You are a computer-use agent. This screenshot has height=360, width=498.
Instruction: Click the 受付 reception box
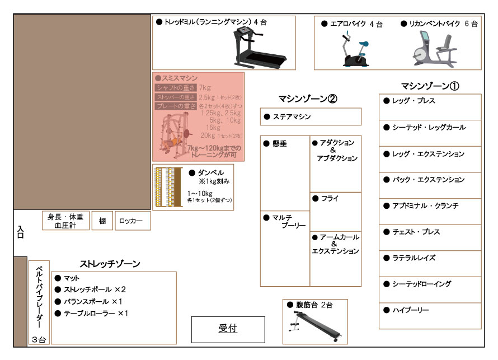tap(228, 329)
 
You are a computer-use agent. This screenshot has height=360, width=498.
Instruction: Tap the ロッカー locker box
tap(133, 221)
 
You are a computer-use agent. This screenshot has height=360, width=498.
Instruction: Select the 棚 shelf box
tap(102, 221)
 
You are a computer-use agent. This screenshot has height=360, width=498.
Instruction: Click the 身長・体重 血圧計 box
tap(66, 221)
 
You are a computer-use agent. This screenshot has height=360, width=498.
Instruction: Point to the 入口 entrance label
tap(20, 232)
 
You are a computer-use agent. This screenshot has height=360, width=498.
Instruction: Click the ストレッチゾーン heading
tap(110, 264)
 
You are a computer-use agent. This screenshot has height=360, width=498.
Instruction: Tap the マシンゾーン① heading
tap(430, 86)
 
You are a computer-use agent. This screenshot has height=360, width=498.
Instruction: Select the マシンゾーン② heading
tap(308, 99)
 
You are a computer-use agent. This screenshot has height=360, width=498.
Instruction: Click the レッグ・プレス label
tap(414, 101)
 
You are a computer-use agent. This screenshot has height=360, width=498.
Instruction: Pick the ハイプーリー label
tap(411, 310)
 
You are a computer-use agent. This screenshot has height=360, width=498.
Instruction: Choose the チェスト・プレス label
tap(416, 232)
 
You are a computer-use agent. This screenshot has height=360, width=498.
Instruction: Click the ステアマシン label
tap(292, 117)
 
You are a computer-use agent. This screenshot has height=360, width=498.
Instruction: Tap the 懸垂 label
tap(280, 144)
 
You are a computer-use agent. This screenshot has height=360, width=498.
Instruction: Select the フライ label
tap(330, 199)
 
